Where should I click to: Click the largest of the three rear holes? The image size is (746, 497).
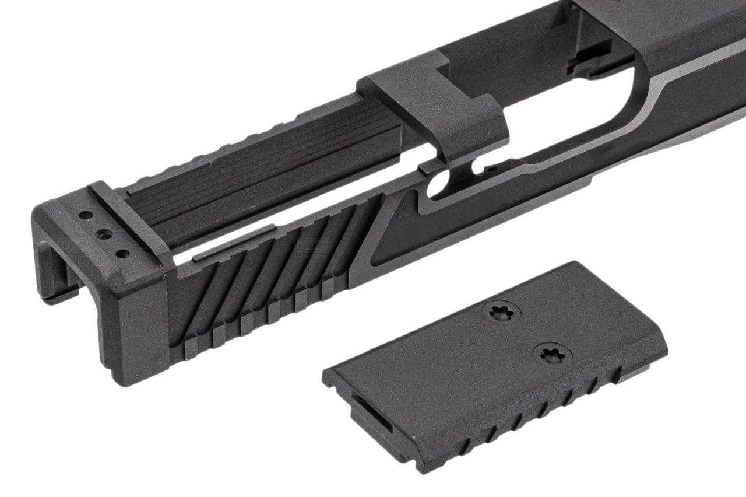tap(105, 235)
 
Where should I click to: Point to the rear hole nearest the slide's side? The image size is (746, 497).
tap(123, 254)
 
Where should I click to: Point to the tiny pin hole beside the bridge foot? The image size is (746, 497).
tap(493, 170)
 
